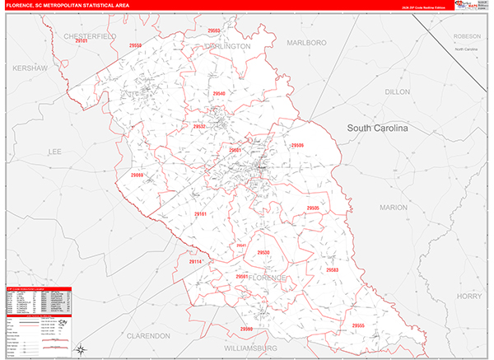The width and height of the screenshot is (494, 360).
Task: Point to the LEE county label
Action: tap(55, 152)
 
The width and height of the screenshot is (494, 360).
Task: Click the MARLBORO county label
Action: tap(306, 42)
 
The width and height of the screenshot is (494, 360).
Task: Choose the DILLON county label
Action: tap(397, 92)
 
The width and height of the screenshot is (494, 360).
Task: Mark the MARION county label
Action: tap(394, 208)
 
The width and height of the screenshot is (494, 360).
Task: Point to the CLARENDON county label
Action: tap(148, 336)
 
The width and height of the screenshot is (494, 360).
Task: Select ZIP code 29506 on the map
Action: tap(297, 145)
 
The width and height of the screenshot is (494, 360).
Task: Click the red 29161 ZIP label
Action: tap(202, 214)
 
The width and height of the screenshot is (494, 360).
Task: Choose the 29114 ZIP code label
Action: tap(195, 261)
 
